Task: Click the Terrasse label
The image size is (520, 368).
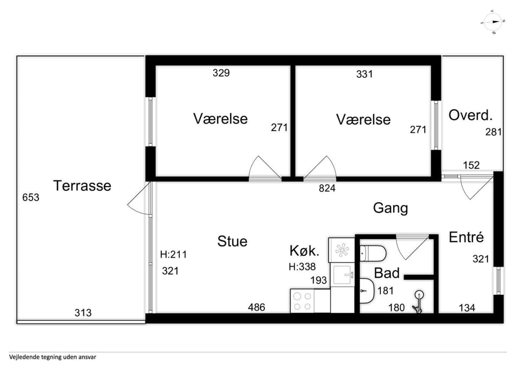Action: pyautogui.click(x=82, y=185)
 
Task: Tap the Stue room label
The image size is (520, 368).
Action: pyautogui.click(x=232, y=241)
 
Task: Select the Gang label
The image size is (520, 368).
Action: pyautogui.click(x=391, y=209)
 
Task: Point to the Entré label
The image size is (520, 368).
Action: pyautogui.click(x=466, y=237)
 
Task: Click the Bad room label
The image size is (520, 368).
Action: pyautogui.click(x=387, y=273)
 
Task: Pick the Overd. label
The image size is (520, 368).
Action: pyautogui.click(x=471, y=115)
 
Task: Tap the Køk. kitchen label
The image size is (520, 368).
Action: pyautogui.click(x=304, y=251)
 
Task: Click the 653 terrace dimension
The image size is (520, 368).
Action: pyautogui.click(x=31, y=197)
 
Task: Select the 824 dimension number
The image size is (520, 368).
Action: pyautogui.click(x=327, y=188)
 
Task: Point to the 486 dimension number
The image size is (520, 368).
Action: pyautogui.click(x=256, y=307)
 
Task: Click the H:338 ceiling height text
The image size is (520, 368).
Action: pyautogui.click(x=302, y=267)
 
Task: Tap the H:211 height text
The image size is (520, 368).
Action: pyautogui.click(x=173, y=255)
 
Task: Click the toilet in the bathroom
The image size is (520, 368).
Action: pyautogui.click(x=373, y=254)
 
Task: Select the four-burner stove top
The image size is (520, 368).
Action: pyautogui.click(x=302, y=301)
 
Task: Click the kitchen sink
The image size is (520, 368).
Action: pyautogui.click(x=344, y=275)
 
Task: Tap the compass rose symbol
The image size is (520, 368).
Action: pyautogui.click(x=492, y=22)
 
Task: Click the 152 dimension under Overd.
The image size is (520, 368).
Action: pyautogui.click(x=471, y=165)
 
